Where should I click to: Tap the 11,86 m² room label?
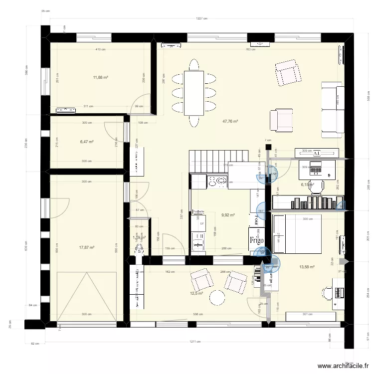(x=101, y=77)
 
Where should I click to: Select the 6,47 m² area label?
(x=87, y=142)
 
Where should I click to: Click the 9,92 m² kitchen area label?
(x=227, y=215)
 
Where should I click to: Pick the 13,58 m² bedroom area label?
(x=307, y=267)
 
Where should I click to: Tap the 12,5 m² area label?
(x=196, y=293)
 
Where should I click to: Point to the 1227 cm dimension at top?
(x=201, y=19)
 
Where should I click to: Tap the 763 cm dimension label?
(x=250, y=49)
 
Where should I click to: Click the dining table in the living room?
(x=194, y=92)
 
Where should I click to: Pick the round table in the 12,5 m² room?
(x=218, y=298)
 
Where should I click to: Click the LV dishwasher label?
(x=202, y=223)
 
